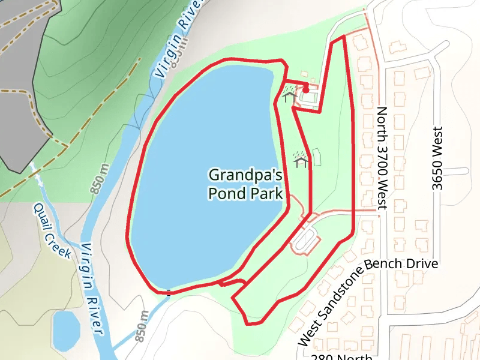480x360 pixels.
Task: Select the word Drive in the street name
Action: pyautogui.click(x=423, y=263)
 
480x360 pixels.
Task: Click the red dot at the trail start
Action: pyautogui.click(x=305, y=89)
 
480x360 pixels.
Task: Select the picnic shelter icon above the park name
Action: pyautogui.click(x=300, y=160)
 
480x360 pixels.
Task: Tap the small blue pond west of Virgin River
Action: pyautogui.click(x=65, y=330)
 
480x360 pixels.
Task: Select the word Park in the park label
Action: pyautogui.click(x=267, y=194)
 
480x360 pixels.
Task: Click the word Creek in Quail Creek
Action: pyautogui.click(x=60, y=242)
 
